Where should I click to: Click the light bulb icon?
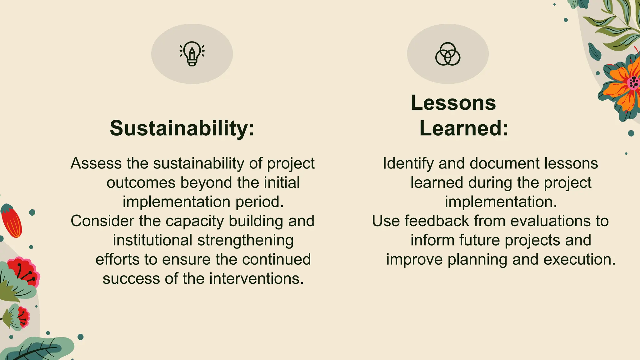click(x=192, y=54)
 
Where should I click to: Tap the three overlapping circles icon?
click(x=447, y=54)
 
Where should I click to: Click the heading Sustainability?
click(x=182, y=128)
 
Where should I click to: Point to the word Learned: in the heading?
click(x=464, y=128)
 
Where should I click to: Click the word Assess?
click(x=96, y=163)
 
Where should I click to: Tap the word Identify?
click(x=408, y=164)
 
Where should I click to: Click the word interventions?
click(x=256, y=278)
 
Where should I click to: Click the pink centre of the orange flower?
click(x=633, y=83)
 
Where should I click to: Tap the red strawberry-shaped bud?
click(x=12, y=221)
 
